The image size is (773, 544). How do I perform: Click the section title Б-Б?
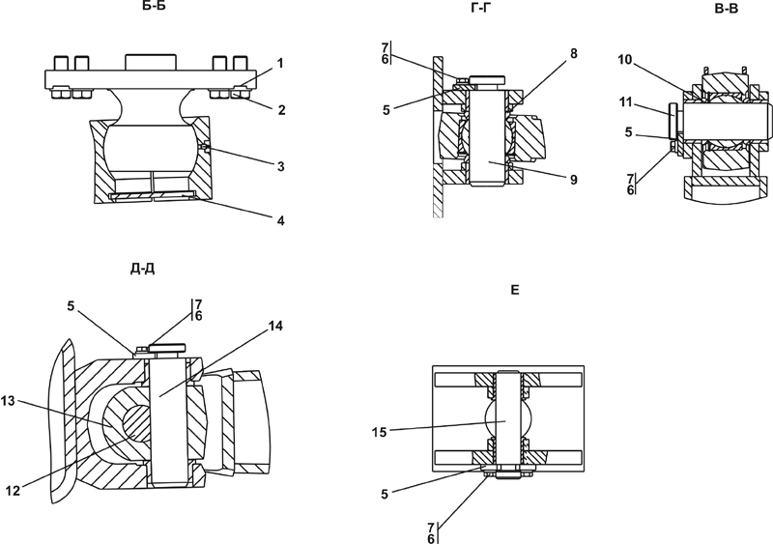pyautogui.click(x=152, y=7)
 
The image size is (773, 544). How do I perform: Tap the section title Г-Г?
pyautogui.click(x=481, y=7)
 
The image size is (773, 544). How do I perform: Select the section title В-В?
pyautogui.click(x=727, y=9)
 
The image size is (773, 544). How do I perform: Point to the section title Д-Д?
pyautogui.click(x=143, y=269)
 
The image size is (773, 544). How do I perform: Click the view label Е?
pyautogui.click(x=515, y=290)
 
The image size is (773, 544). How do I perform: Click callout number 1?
pyautogui.click(x=280, y=63)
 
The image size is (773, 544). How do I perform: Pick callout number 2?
pyautogui.click(x=281, y=109)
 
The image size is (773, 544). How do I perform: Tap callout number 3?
pyautogui.click(x=280, y=167)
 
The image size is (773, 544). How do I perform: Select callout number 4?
pyautogui.click(x=280, y=220)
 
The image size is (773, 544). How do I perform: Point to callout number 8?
pyautogui.click(x=574, y=53)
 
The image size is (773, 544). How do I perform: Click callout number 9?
pyautogui.click(x=573, y=180)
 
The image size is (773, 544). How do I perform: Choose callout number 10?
pyautogui.click(x=624, y=60)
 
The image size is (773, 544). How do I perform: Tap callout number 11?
pyautogui.click(x=625, y=102)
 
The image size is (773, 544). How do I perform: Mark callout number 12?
pyautogui.click(x=13, y=491)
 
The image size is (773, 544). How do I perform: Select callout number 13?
pyautogui.click(x=9, y=401)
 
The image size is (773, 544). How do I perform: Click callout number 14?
pyautogui.click(x=276, y=326)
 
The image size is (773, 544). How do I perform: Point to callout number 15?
pyautogui.click(x=379, y=433)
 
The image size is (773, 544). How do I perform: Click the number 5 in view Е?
pyautogui.click(x=385, y=494)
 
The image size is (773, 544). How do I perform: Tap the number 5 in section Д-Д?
pyautogui.click(x=71, y=306)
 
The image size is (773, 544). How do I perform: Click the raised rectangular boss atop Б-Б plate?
pyautogui.click(x=151, y=62)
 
